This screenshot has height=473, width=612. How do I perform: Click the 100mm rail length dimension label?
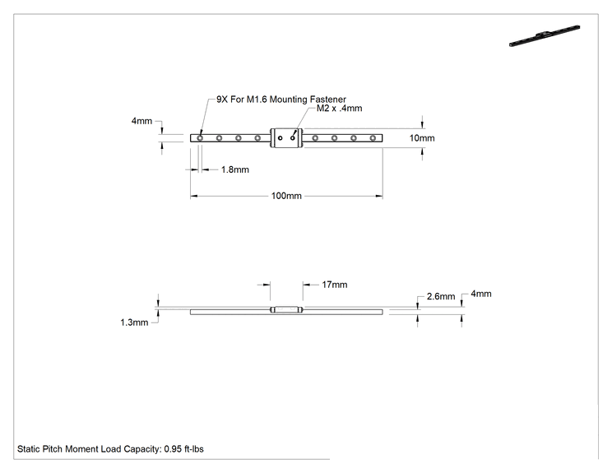286,196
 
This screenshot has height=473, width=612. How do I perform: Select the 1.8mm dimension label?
235,169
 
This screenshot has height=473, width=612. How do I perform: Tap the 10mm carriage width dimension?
422,138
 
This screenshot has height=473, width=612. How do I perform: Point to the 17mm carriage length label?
335,285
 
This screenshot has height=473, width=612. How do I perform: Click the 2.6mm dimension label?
441,297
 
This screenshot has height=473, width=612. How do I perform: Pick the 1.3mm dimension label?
134,322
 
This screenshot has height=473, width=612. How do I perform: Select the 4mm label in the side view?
481,294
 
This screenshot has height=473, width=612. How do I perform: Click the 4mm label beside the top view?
141,121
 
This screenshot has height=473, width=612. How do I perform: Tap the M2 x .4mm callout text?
339,109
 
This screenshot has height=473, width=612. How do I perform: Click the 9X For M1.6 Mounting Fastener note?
281,100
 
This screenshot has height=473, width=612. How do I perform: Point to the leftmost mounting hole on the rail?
200,138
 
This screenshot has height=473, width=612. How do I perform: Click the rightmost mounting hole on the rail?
373,138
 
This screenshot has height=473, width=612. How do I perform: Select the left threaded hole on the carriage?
280,138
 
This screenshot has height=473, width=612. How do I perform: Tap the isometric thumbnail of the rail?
545,36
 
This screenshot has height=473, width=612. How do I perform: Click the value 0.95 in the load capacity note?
173,449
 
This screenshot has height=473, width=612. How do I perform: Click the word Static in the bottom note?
28,449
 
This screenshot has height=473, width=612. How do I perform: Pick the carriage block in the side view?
286,310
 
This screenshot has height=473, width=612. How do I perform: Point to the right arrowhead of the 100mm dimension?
379,196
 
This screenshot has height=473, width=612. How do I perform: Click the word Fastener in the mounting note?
328,100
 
